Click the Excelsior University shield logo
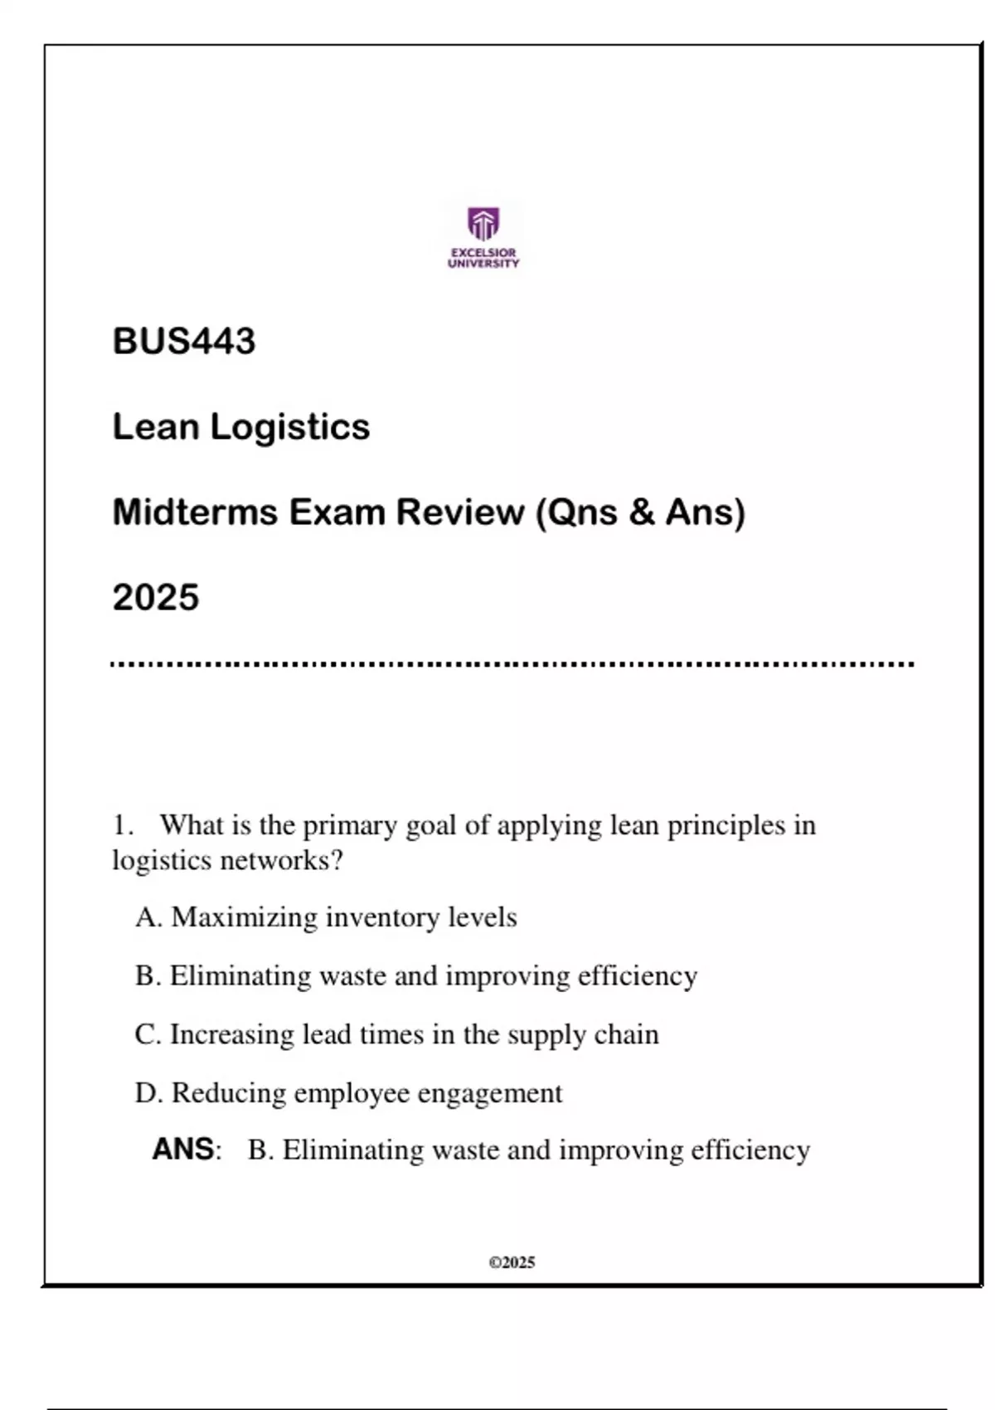(x=483, y=223)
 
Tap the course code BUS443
(x=184, y=341)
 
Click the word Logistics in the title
(x=289, y=427)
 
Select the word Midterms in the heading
(x=195, y=512)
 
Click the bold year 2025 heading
(x=156, y=597)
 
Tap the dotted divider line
(x=512, y=664)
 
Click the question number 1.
(x=121, y=825)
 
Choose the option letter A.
(x=147, y=917)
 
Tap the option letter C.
(x=145, y=1035)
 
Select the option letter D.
(x=147, y=1093)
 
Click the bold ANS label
(x=184, y=1150)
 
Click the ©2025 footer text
(x=512, y=1262)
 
